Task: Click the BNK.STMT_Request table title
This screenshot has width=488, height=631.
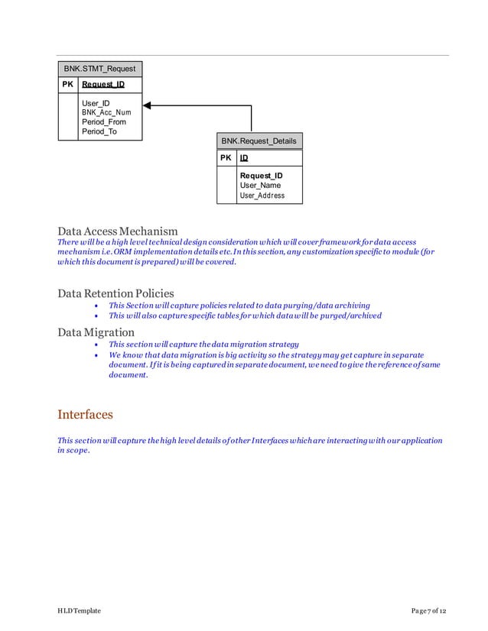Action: coord(99,69)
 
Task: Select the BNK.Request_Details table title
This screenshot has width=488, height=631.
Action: coord(259,141)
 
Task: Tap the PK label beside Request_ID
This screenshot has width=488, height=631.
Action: coord(67,84)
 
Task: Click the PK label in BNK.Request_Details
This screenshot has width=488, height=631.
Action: coord(226,157)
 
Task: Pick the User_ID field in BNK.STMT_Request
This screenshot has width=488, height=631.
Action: coord(96,102)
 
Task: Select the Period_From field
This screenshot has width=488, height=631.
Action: coord(104,122)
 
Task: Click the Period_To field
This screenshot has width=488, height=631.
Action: coord(99,132)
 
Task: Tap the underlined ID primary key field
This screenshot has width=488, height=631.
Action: coord(244,157)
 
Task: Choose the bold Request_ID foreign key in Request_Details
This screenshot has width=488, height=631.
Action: coord(261,176)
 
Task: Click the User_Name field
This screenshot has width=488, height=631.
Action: coord(260,186)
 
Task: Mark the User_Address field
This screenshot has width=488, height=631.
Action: coord(262,196)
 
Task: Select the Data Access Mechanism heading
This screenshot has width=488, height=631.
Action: coord(118,231)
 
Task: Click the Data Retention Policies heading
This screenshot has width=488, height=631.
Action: coord(115,293)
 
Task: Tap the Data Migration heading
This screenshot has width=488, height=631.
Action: coord(96,332)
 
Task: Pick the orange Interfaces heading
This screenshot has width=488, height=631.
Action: coord(85,415)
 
